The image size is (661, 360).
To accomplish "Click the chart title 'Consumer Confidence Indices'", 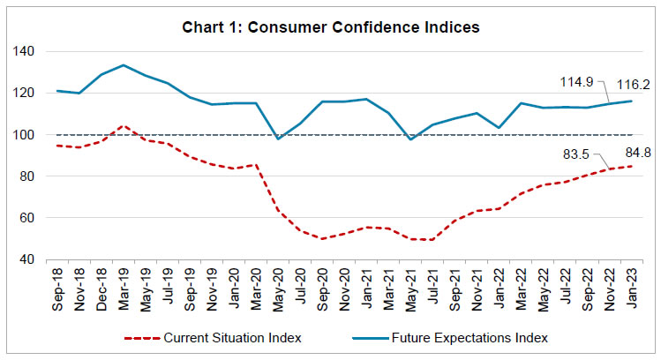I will click(330, 27).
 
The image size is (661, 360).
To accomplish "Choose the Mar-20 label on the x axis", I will click(256, 288).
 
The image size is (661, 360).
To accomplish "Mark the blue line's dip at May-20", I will click(277, 139).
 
